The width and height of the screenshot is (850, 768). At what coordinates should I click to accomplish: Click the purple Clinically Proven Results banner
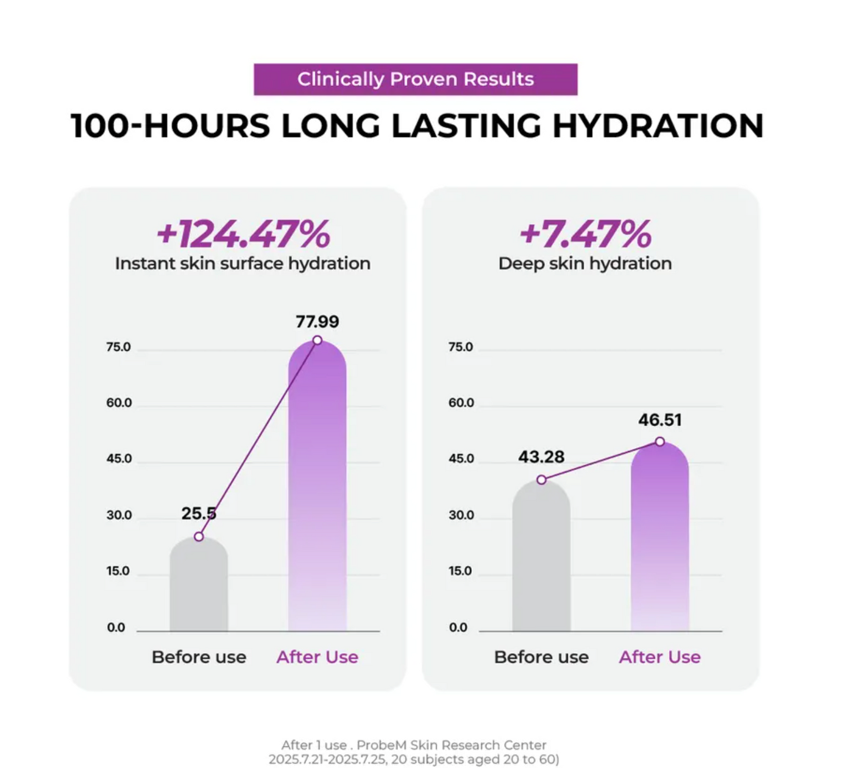point(415,79)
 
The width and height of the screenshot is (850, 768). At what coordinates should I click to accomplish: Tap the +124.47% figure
point(243,234)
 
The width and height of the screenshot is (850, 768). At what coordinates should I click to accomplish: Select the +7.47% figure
point(585,234)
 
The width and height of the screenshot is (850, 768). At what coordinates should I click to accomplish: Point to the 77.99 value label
point(317,322)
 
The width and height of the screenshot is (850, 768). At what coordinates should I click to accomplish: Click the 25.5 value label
point(198,513)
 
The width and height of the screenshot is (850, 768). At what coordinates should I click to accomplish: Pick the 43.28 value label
point(541,457)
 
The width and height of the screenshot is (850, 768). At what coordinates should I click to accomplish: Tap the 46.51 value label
point(660,420)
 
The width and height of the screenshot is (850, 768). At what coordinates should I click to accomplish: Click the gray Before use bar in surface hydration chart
point(199,588)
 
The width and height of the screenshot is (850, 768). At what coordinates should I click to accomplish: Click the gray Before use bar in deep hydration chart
point(541,559)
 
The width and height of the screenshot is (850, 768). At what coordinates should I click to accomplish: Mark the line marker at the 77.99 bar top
point(317,340)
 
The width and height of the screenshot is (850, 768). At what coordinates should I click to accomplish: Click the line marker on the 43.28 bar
point(541,480)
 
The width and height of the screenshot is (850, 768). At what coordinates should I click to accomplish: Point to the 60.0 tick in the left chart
point(119,403)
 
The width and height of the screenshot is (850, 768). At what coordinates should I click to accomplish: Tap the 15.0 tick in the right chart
point(460,571)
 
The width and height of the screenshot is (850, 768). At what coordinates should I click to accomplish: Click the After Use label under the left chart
point(317,657)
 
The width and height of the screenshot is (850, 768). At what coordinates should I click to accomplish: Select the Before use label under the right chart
point(541,657)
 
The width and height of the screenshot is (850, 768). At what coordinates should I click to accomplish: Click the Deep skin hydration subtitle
point(585,263)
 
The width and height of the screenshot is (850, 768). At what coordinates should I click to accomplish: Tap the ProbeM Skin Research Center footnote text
point(451,745)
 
